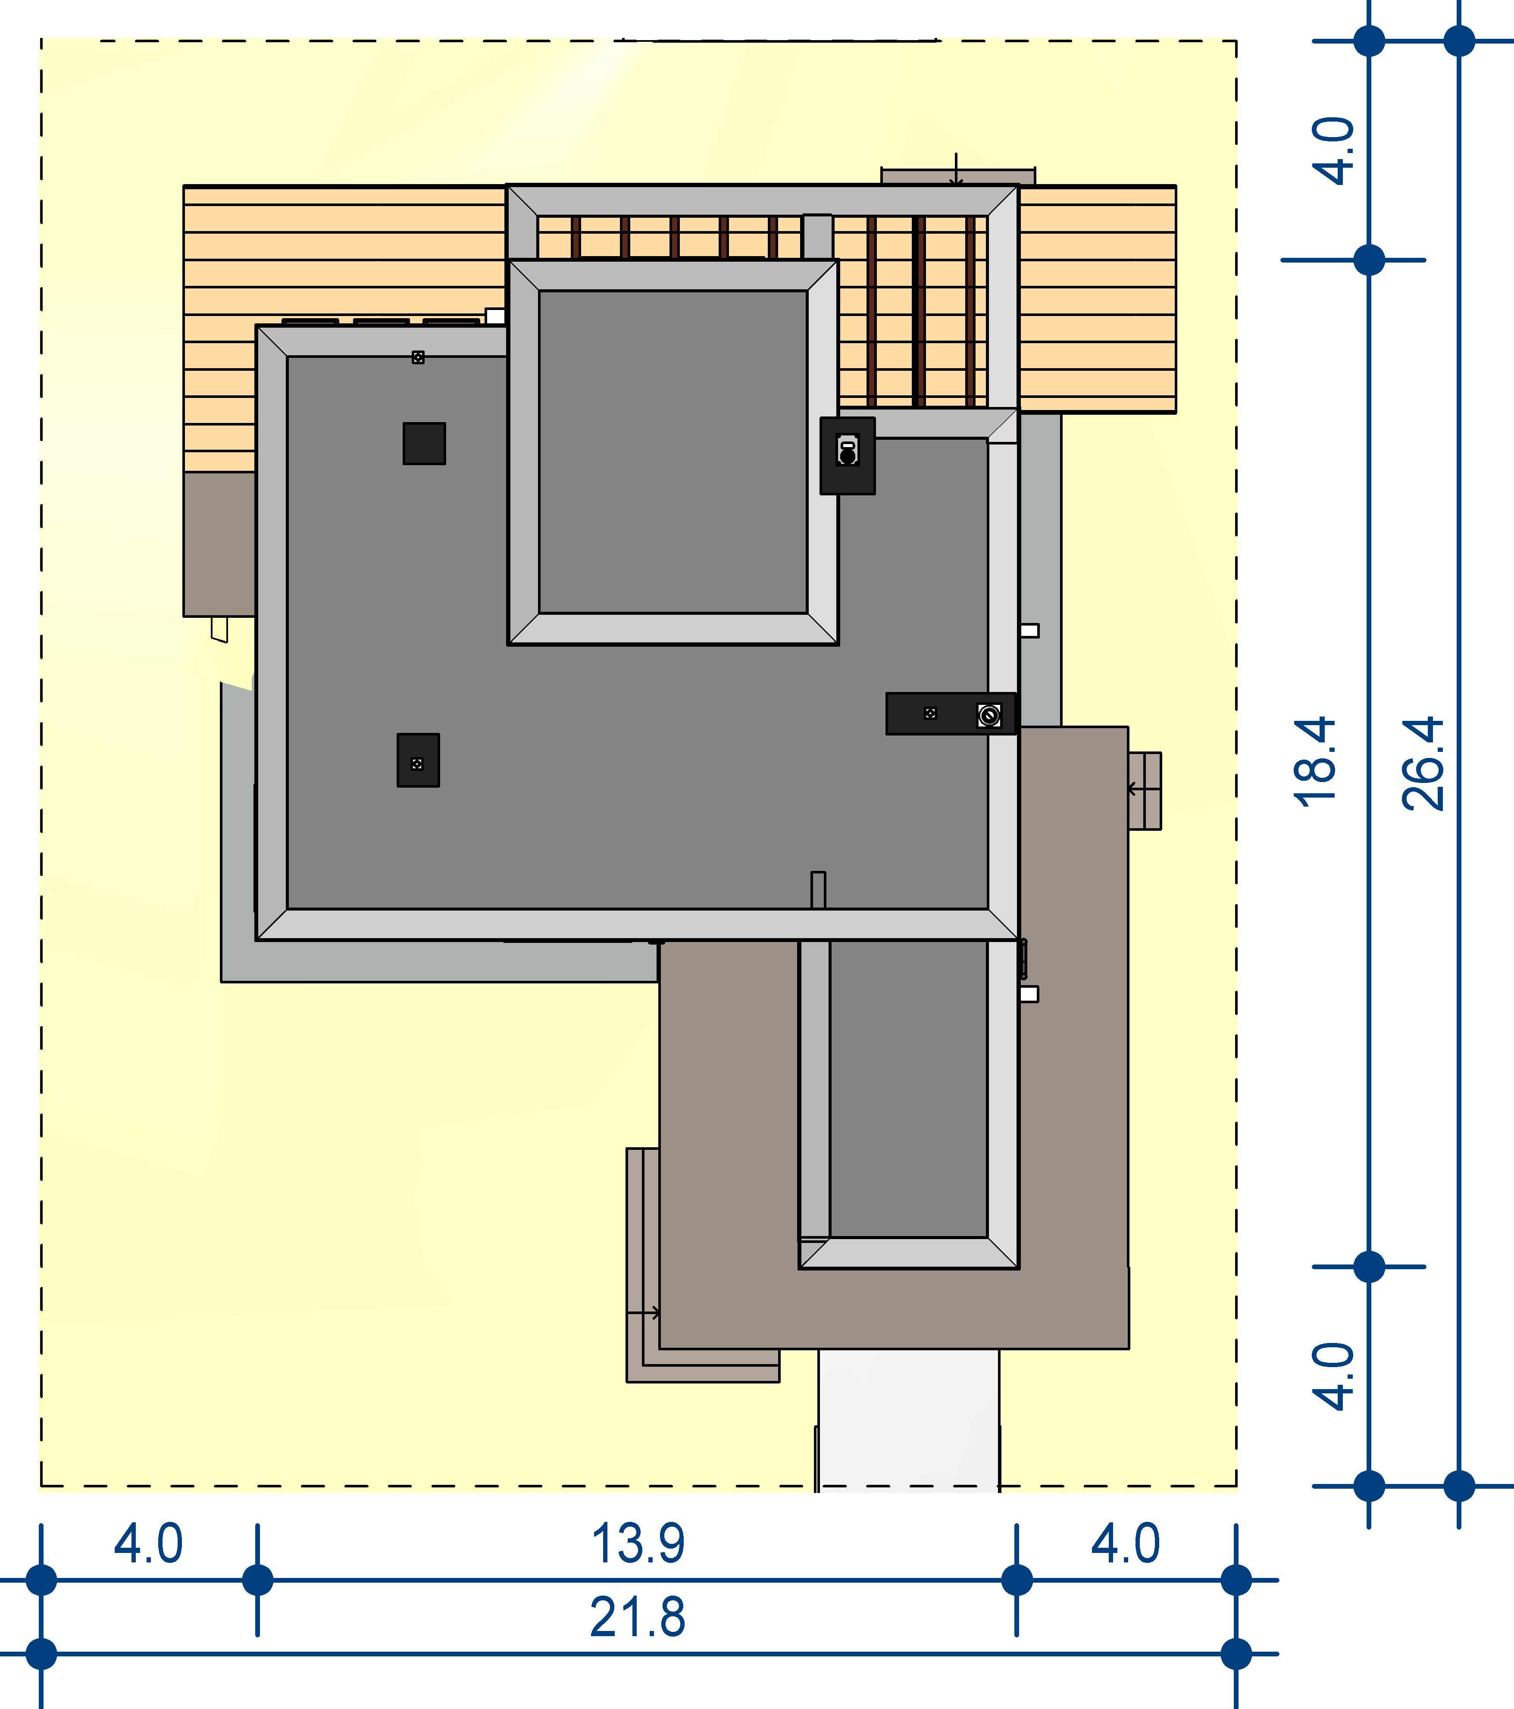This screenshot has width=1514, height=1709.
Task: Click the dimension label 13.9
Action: coord(638,1543)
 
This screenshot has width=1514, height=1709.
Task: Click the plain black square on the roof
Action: coord(424,443)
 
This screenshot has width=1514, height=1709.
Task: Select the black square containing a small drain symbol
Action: coord(418,760)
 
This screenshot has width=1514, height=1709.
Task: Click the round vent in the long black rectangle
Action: coord(989,715)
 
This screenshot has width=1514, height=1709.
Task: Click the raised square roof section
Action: coord(673,452)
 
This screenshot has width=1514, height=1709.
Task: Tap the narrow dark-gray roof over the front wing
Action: coord(909,1089)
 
